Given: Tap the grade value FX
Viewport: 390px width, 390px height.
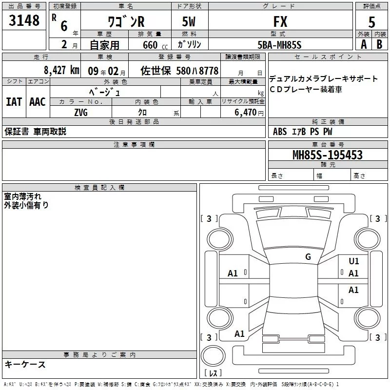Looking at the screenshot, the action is (x=280, y=22).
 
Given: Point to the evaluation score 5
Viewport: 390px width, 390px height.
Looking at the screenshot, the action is (x=371, y=22).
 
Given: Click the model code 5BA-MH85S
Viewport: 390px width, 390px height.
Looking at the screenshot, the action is (x=279, y=45).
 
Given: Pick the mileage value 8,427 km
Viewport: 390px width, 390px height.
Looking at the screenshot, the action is (x=60, y=70).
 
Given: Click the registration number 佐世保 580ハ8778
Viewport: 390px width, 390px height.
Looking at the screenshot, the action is (x=179, y=70).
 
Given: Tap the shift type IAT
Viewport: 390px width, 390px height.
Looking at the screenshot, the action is (x=14, y=101).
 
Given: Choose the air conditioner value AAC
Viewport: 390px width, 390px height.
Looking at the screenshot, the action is (x=38, y=101).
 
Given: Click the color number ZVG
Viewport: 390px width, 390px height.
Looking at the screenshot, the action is (x=81, y=113).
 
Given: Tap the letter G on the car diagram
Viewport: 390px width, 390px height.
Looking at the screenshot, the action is (x=308, y=257).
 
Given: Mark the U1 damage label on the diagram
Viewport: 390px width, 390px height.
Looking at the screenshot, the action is (x=354, y=261).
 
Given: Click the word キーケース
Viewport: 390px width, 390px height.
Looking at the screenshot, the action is (x=25, y=364).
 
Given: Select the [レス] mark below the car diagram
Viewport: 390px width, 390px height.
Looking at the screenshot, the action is (x=213, y=373).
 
